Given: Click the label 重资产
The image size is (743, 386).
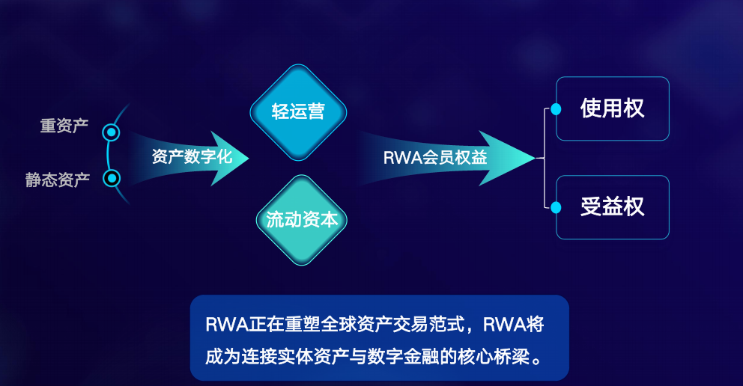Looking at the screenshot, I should (x=64, y=126).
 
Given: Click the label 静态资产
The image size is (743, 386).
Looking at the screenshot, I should (x=58, y=180).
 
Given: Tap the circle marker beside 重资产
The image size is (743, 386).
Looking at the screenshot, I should (x=112, y=133).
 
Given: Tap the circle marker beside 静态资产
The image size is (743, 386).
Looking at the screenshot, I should (x=112, y=178).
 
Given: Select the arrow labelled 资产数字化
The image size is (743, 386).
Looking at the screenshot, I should (x=192, y=158).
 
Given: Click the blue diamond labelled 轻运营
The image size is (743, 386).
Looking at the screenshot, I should (x=298, y=112).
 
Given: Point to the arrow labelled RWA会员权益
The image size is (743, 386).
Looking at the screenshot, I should (x=435, y=158).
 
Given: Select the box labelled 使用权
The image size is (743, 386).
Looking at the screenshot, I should (x=612, y=109).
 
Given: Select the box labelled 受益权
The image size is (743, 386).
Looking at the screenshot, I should (x=612, y=207).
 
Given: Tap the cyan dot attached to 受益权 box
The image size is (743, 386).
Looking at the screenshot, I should (x=556, y=207).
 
